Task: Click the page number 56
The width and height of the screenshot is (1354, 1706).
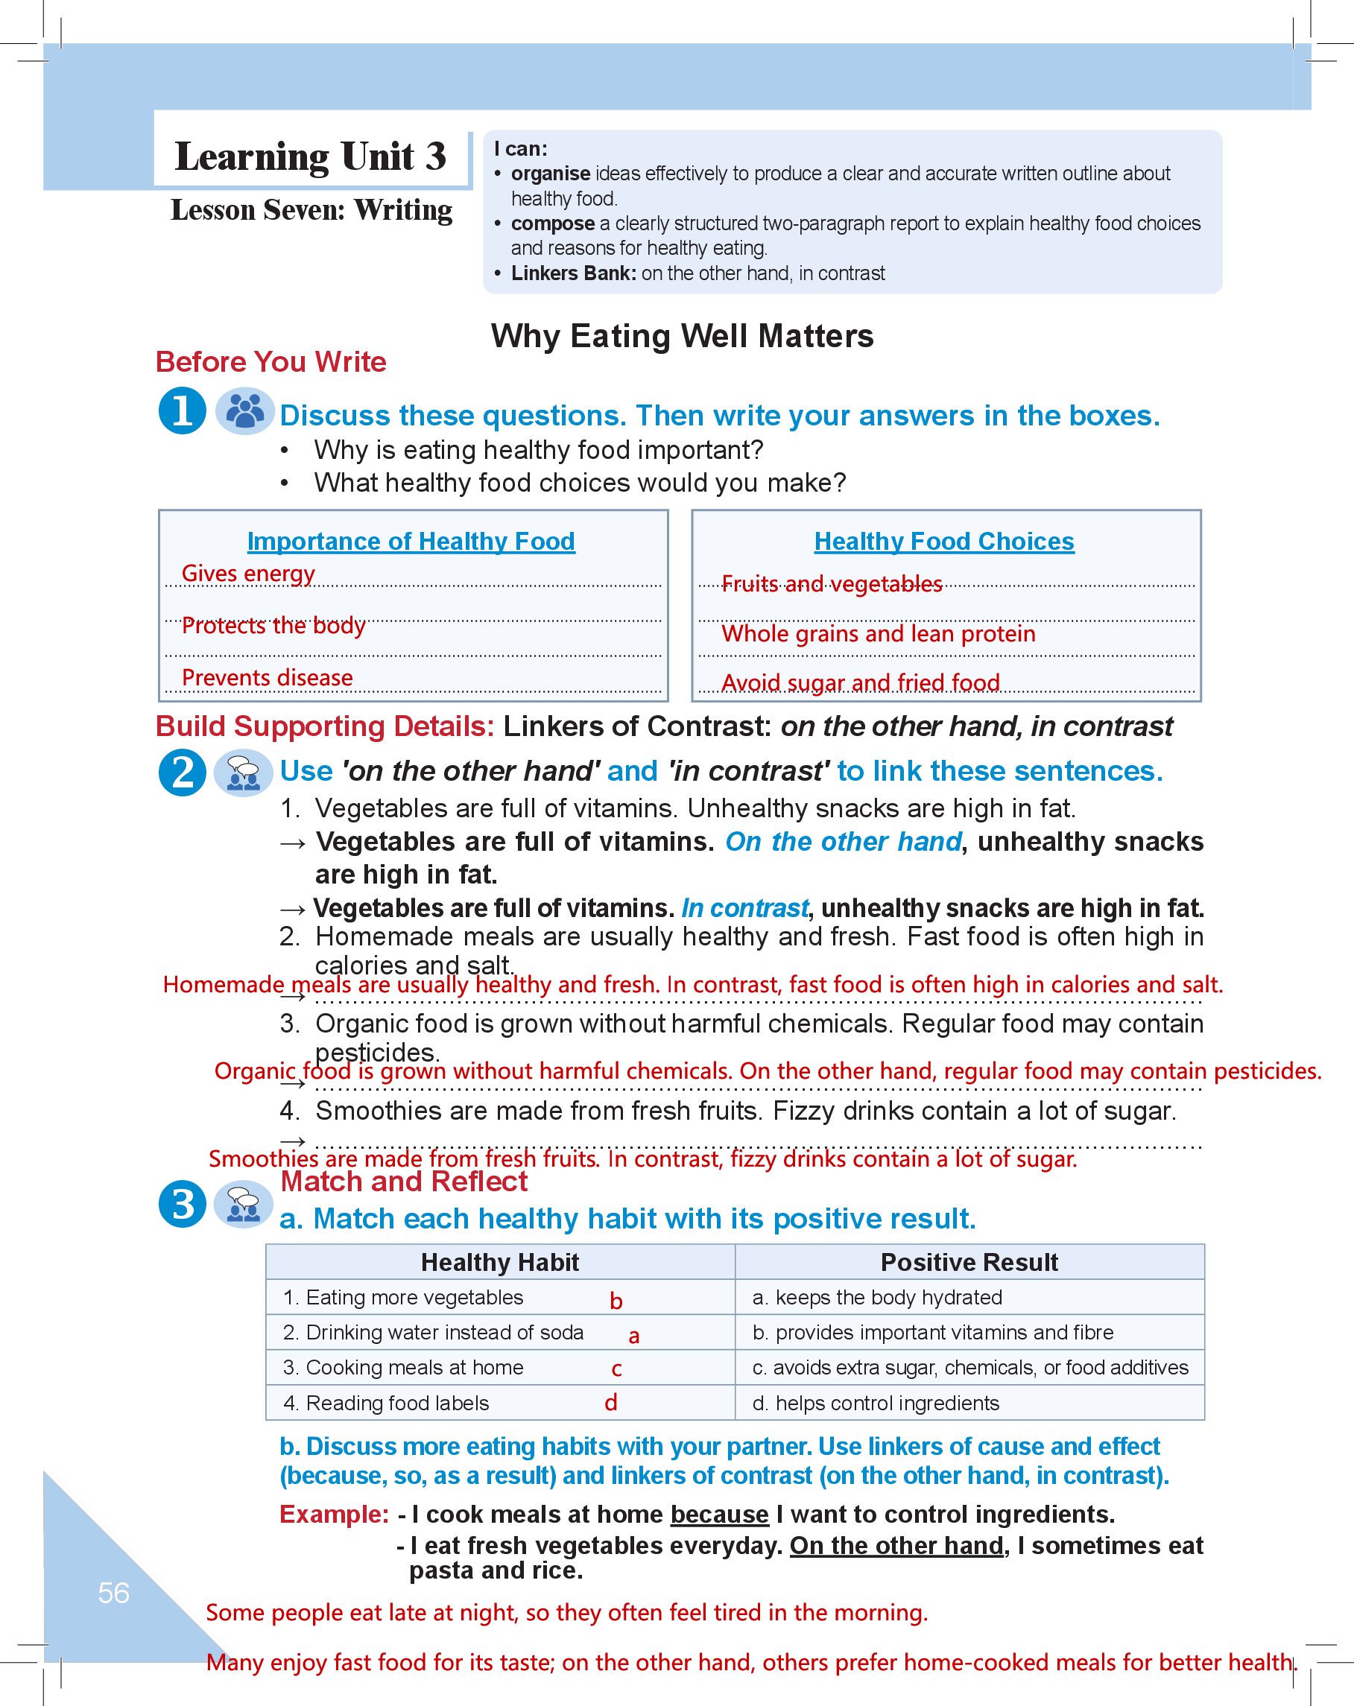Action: (113, 1592)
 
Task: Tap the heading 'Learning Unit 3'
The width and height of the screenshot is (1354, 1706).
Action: (310, 156)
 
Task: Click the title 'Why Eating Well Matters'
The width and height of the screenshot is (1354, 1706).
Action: (682, 336)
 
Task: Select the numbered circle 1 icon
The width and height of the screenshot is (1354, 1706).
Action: (183, 410)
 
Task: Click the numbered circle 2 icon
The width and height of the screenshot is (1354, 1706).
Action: (183, 773)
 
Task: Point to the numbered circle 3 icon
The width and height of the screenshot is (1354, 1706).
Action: (183, 1204)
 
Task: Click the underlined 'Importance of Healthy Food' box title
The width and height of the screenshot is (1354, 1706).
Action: (411, 542)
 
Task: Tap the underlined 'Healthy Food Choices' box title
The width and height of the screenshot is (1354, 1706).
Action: (944, 542)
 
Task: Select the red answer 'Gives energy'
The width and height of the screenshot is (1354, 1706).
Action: (247, 573)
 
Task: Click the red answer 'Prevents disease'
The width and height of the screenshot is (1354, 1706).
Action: (267, 677)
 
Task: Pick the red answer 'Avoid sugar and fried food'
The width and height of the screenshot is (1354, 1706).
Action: (860, 682)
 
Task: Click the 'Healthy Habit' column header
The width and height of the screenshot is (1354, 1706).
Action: (499, 1262)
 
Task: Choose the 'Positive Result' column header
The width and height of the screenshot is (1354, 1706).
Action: (969, 1262)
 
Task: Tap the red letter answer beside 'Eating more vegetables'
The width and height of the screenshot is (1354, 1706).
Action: (616, 1301)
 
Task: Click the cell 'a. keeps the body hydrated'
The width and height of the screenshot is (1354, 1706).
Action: (877, 1298)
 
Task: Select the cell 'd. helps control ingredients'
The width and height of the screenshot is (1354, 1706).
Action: (876, 1403)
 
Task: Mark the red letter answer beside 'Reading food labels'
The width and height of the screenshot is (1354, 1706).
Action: (611, 1403)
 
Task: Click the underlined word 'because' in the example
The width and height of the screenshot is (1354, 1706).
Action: (718, 1514)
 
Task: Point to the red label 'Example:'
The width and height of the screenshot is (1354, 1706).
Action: (334, 1514)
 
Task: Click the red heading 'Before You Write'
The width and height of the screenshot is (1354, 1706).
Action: (271, 361)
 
